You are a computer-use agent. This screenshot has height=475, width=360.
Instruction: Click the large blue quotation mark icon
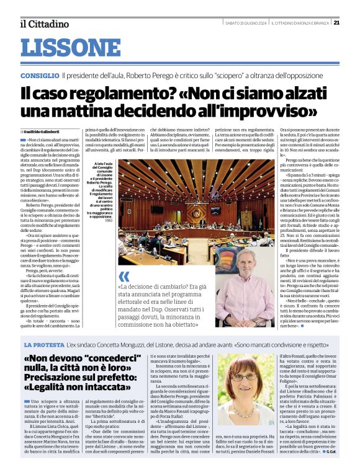pos(124,276)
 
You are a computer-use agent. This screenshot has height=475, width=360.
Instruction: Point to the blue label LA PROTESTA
pos(43,344)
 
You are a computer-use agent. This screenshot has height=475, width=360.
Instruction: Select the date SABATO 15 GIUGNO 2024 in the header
pos(245,23)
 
